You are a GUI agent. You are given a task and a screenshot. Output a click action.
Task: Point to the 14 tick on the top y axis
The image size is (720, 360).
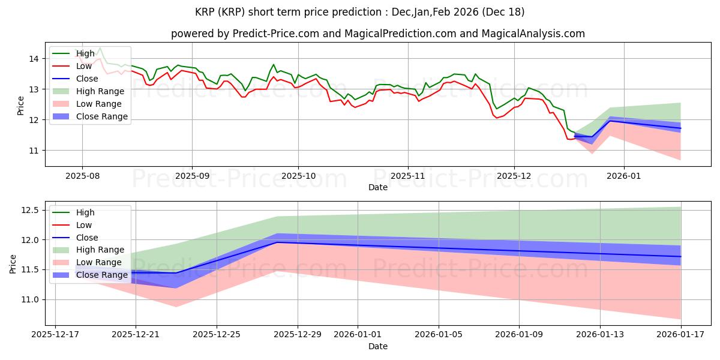coord(34,59)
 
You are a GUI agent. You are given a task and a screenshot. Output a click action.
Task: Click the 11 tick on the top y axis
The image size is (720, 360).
coord(34,151)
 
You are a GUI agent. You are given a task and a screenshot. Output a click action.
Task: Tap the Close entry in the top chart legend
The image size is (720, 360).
coord(87,79)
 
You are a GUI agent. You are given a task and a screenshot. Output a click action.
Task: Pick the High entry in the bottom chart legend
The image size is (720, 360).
coord(85,212)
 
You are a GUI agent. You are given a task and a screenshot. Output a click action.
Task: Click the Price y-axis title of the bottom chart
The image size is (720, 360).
coord(13,263)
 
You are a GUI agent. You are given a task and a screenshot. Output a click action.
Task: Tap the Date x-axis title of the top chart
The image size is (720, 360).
coord(378,188)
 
